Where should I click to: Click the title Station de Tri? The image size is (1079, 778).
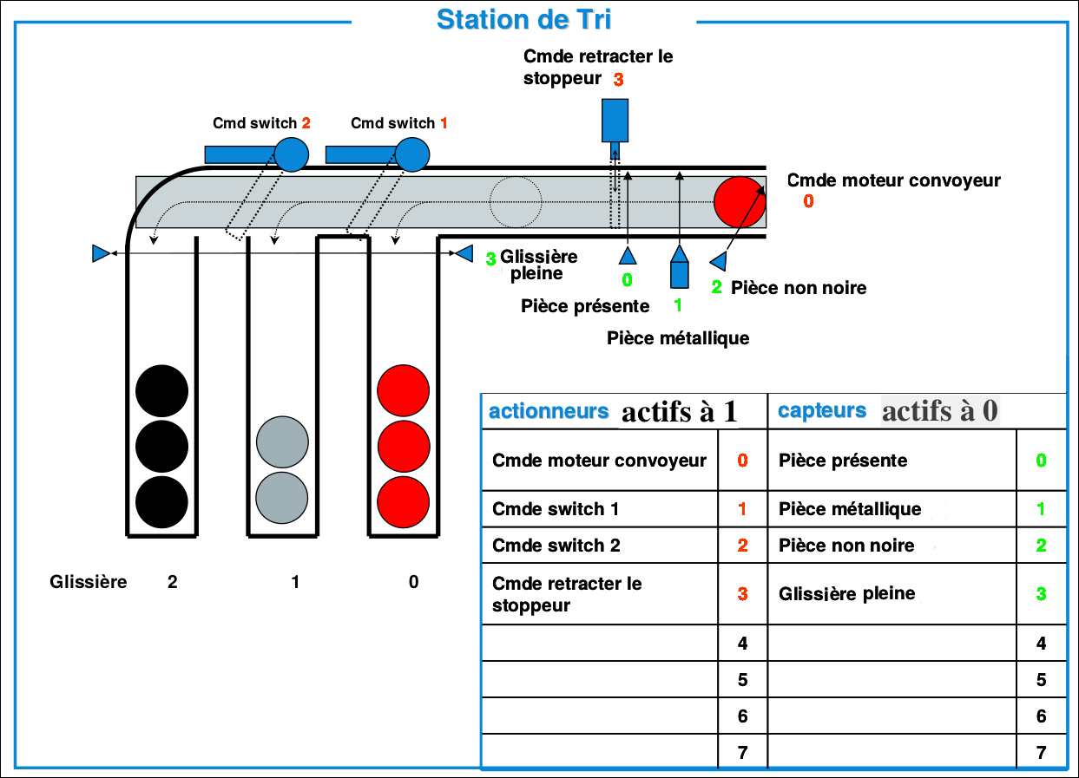tap(523, 19)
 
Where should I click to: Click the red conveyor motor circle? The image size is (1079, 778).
tap(740, 201)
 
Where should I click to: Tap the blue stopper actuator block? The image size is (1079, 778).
tap(615, 121)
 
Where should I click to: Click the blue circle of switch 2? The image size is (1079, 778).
tap(292, 154)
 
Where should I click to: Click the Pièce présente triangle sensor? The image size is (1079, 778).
tap(627, 254)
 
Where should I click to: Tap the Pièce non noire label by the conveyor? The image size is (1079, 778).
tap(799, 287)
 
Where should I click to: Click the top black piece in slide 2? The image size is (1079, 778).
tap(161, 391)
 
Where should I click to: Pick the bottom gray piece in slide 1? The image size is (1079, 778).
tap(282, 498)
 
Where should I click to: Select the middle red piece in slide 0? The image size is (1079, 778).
tap(404, 446)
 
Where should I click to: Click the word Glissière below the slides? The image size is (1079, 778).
tap(89, 581)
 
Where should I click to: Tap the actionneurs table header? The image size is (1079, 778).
tap(549, 411)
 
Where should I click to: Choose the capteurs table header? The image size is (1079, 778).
tap(822, 411)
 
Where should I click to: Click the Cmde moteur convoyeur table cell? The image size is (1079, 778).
tap(599, 461)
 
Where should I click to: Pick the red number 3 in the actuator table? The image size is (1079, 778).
tap(742, 594)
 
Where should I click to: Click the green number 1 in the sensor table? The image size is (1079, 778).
tap(1041, 509)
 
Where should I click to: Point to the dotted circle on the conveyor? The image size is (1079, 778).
tap(516, 202)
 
